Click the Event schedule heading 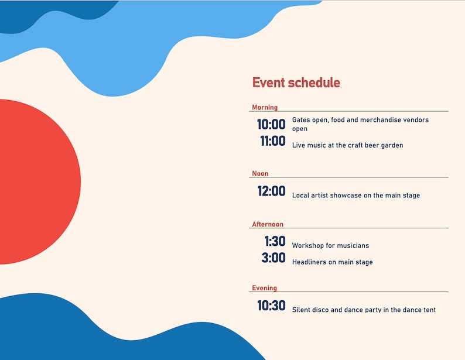point(296,83)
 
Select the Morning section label point(265,107)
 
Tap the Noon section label point(260,173)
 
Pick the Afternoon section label point(268,224)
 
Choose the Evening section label point(264,288)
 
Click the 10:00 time point(271,125)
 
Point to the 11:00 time point(273,141)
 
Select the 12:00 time point(272,191)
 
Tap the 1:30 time point(275,241)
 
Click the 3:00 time point(273,258)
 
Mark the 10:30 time point(272,306)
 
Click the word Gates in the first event point(301,120)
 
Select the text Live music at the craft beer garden point(347,145)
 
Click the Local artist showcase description point(355,196)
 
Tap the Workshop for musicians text point(330,246)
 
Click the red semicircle point(35,181)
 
